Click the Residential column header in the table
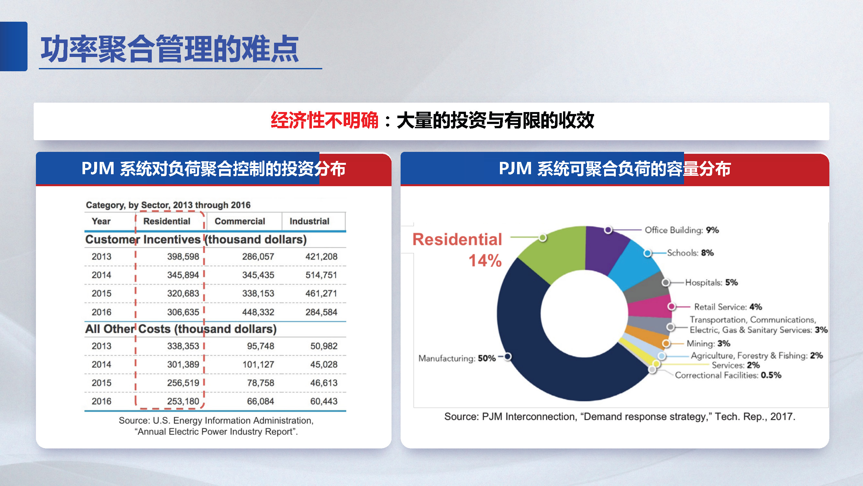[167, 221]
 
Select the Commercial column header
[239, 221]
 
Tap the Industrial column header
[309, 221]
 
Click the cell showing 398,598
[183, 256]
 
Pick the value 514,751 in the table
[321, 275]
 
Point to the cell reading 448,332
[258, 312]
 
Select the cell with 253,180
[183, 401]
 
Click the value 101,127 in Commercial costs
[258, 364]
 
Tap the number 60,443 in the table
[323, 401]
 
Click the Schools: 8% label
[690, 253]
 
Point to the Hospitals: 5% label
[711, 282]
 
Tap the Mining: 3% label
[708, 343]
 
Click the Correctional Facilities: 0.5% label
[728, 375]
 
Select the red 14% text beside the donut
[485, 261]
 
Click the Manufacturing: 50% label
[457, 358]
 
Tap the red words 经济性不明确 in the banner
[324, 120]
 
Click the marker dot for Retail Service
[671, 306]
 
